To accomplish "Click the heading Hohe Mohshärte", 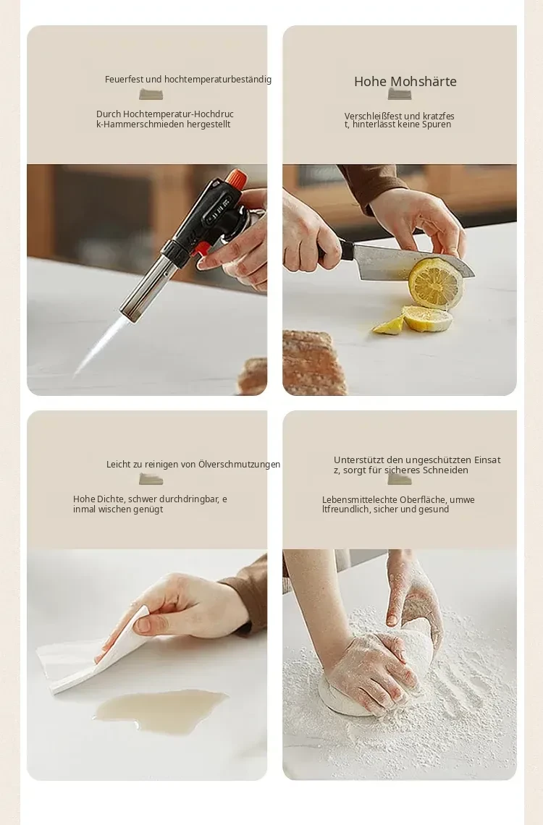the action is click(405, 82).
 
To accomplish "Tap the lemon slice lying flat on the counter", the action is click(426, 319).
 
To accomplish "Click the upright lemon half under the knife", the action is click(436, 284).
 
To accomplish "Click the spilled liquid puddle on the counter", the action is click(160, 711).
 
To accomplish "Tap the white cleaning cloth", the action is click(92, 653).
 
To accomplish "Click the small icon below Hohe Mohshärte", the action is click(400, 94).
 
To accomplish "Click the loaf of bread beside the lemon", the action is click(313, 363).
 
